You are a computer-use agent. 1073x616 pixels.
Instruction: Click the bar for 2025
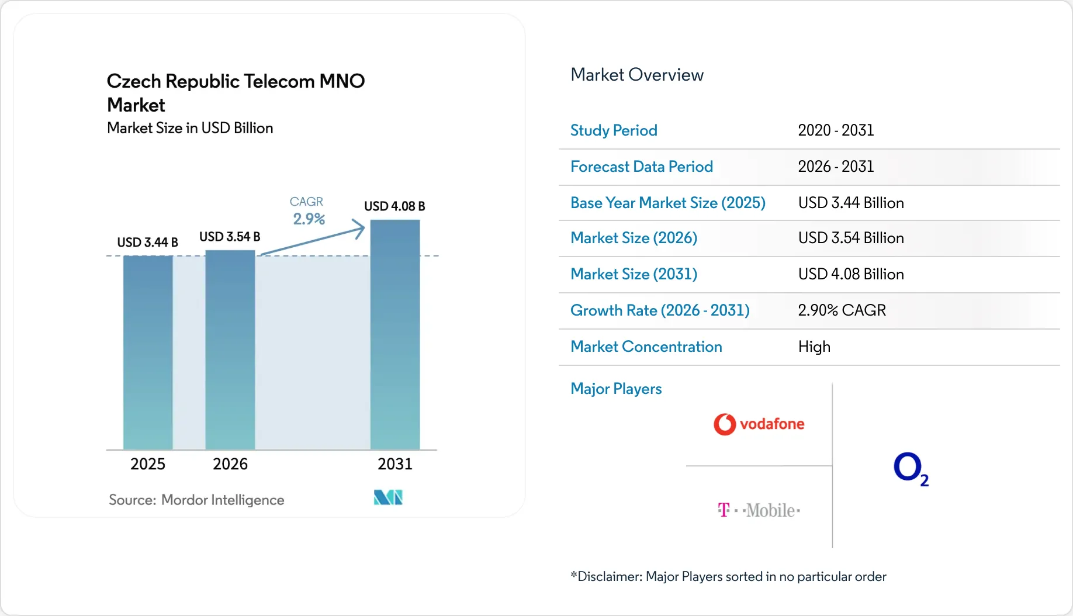coord(148,352)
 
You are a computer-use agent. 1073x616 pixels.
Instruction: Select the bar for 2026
coord(230,349)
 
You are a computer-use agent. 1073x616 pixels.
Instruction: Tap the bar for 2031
coord(395,334)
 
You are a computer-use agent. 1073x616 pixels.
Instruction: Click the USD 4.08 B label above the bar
coord(394,206)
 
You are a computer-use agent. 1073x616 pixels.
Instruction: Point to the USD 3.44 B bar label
coord(147,242)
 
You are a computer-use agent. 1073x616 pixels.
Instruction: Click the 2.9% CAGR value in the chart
coord(309,219)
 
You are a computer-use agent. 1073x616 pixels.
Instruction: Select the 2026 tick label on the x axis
coord(230,464)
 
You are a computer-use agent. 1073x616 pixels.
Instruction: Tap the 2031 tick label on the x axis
coord(395,464)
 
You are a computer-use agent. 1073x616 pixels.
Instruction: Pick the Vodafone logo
coord(759,424)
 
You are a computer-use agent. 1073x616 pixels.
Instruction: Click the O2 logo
coord(911,469)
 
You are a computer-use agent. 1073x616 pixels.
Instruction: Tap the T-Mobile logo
coord(759,510)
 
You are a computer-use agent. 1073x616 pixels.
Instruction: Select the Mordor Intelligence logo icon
coord(388,497)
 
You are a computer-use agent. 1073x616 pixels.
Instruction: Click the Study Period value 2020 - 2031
coord(836,130)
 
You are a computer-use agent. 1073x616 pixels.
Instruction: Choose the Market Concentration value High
coord(814,347)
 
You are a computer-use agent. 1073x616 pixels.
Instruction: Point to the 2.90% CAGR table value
coord(842,310)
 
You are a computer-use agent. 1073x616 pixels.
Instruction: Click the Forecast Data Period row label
coord(642,167)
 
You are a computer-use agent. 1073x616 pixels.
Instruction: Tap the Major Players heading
coord(616,389)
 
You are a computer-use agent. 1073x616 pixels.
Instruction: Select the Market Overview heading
coord(637,75)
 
